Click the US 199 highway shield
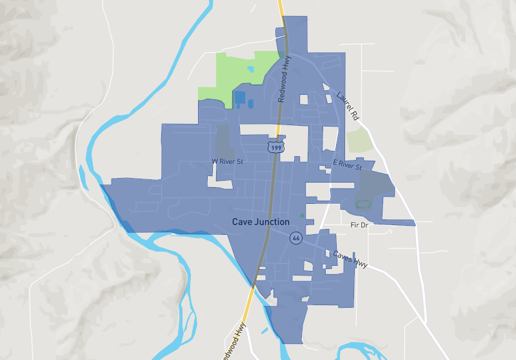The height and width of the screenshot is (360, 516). (275, 148)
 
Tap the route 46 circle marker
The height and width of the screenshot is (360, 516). (295, 237)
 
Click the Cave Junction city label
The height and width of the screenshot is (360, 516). (261, 222)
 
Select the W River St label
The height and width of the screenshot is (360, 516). (227, 161)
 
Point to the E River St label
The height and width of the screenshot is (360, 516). (348, 165)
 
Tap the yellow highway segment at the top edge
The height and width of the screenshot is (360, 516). (281, 8)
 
